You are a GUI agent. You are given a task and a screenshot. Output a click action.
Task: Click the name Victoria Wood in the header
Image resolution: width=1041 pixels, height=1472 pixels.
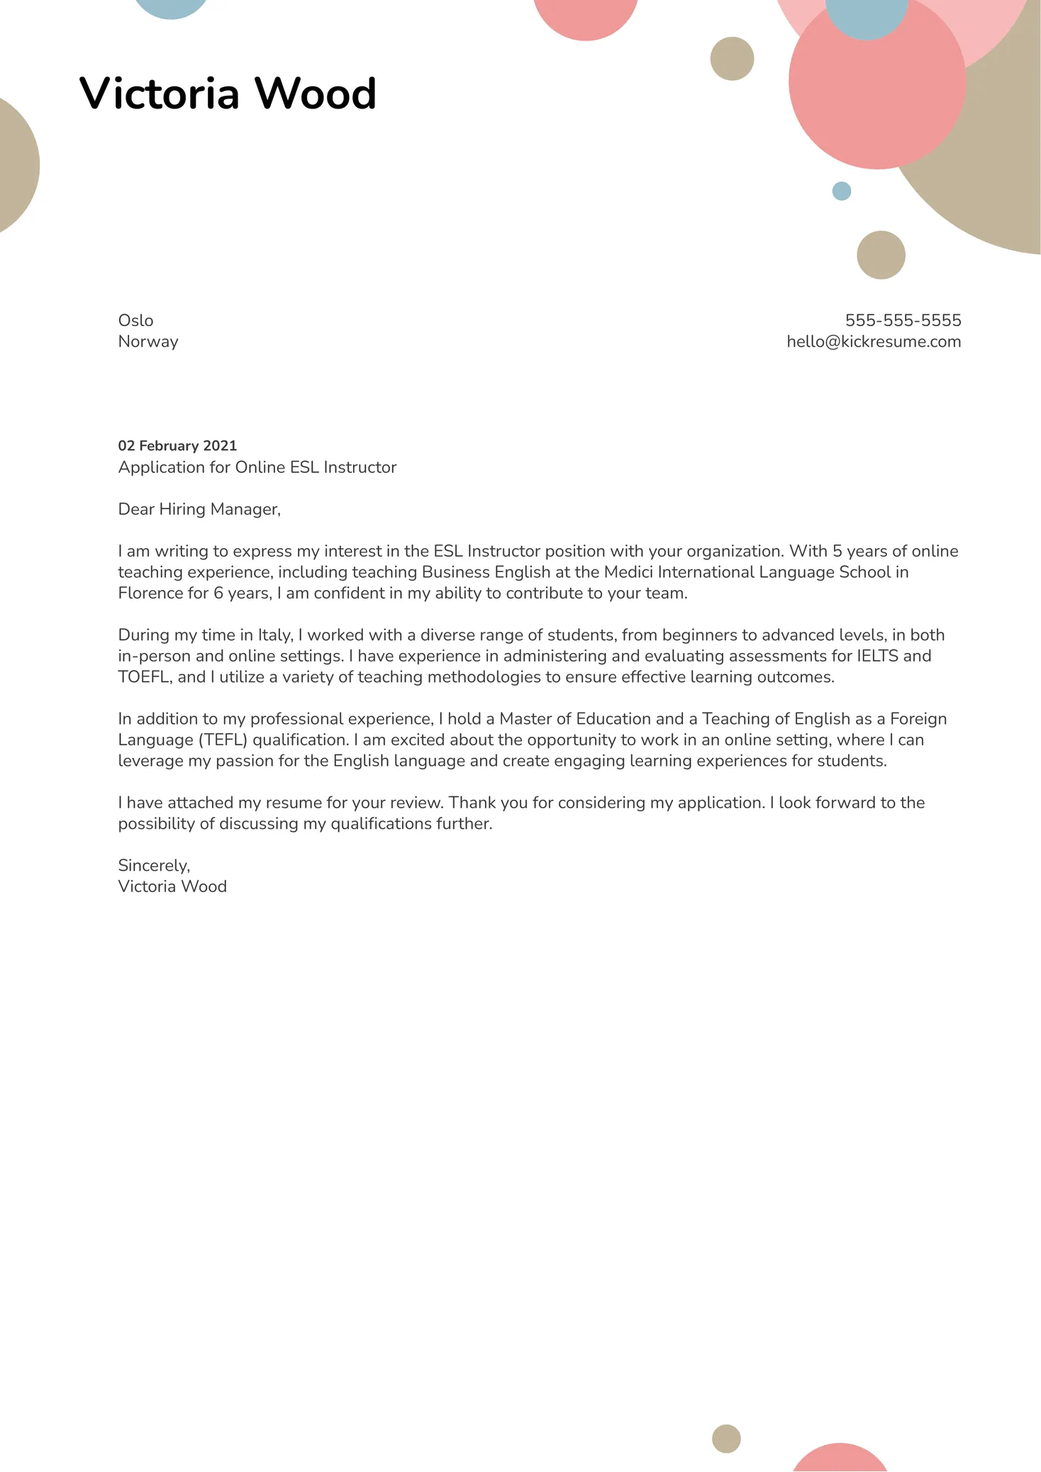pyautogui.click(x=228, y=93)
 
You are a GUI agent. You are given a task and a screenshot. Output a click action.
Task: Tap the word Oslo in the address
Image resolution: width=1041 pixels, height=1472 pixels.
pyautogui.click(x=135, y=320)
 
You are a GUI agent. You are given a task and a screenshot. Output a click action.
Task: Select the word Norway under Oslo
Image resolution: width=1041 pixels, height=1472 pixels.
pyautogui.click(x=147, y=342)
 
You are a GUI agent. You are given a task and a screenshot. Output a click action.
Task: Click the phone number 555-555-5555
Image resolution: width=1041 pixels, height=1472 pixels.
pyautogui.click(x=903, y=320)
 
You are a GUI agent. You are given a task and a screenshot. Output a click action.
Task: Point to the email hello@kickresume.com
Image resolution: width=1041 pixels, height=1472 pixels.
pyautogui.click(x=874, y=342)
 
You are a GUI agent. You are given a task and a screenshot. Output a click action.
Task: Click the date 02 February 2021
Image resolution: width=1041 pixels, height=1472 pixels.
pyautogui.click(x=177, y=446)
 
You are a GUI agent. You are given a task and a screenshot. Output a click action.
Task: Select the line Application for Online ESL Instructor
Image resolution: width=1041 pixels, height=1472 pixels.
pyautogui.click(x=257, y=467)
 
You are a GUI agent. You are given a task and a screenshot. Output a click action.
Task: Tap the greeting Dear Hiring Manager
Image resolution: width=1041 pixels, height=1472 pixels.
pyautogui.click(x=199, y=509)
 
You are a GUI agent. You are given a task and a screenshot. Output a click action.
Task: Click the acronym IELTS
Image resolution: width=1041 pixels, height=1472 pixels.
pyautogui.click(x=877, y=656)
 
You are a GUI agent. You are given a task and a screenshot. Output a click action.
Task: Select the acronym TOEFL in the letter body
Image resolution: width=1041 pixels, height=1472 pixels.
pyautogui.click(x=144, y=677)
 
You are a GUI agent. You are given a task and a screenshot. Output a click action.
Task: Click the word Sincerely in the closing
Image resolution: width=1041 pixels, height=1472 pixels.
pyautogui.click(x=153, y=866)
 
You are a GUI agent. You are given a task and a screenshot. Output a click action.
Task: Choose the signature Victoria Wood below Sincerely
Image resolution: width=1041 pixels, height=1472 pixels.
pyautogui.click(x=172, y=887)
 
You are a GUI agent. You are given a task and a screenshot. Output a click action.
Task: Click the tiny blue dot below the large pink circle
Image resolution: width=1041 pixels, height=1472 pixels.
pyautogui.click(x=841, y=191)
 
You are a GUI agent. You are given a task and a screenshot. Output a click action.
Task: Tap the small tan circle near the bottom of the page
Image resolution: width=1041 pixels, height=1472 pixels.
pyautogui.click(x=726, y=1439)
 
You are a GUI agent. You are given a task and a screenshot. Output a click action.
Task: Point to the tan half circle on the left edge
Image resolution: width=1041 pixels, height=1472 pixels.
pyautogui.click(x=16, y=165)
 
